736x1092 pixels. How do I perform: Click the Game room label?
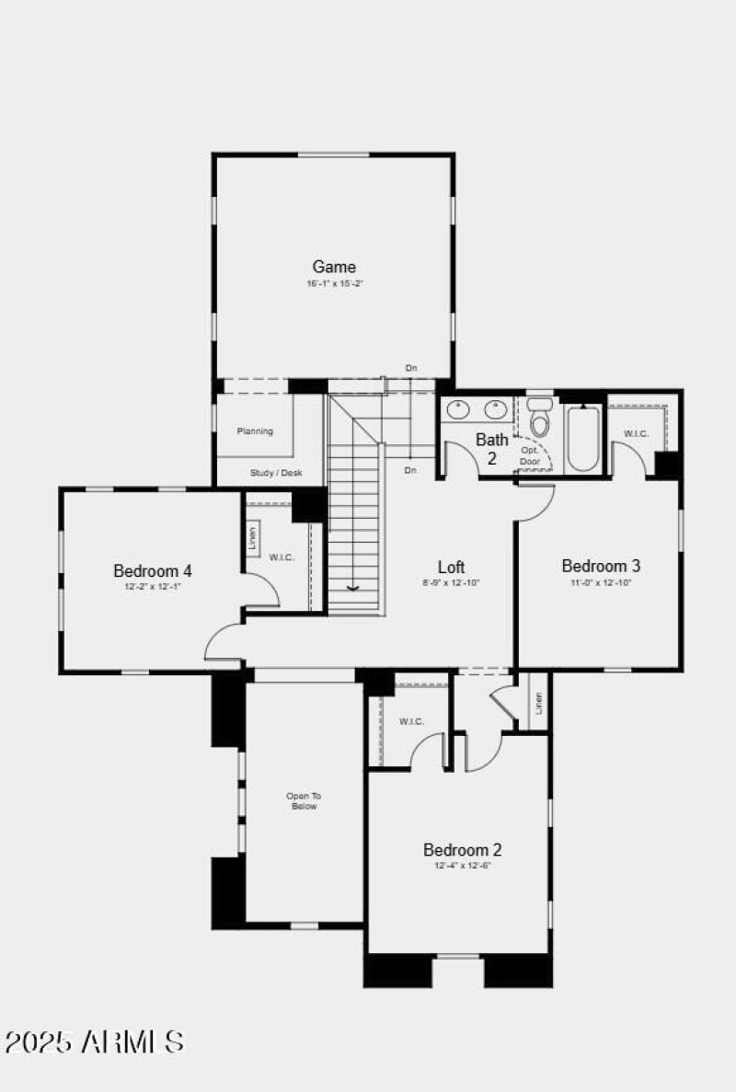333,267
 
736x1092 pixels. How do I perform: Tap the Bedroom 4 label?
153,570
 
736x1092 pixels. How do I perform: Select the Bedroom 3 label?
601,566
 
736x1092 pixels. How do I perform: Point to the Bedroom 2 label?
462,849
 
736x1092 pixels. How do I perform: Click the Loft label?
450,567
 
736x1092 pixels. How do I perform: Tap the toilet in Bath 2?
540,421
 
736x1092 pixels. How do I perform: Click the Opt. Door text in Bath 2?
530,455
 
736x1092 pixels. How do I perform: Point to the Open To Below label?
304,800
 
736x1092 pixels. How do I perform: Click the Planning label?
255,431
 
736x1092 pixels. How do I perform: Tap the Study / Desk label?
276,473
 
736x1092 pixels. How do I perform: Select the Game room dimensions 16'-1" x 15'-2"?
333,284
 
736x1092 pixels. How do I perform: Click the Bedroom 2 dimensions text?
462,866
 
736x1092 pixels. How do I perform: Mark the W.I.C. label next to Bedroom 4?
282,557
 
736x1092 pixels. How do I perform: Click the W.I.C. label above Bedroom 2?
411,721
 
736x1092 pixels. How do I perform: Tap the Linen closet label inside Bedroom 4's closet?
253,539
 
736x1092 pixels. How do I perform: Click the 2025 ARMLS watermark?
95,1041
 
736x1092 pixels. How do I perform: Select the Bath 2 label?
491,448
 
